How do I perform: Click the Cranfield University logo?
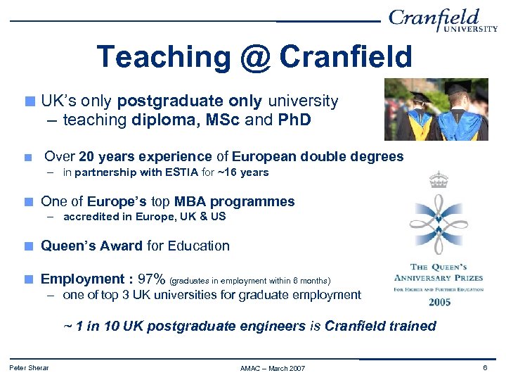point(443,20)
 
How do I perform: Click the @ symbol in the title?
point(254,57)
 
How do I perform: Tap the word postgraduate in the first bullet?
point(159,101)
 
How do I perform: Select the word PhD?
point(294,120)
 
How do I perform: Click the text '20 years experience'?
point(145,156)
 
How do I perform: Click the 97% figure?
point(152,279)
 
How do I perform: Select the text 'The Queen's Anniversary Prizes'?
point(439,272)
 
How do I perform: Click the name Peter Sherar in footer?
point(29,368)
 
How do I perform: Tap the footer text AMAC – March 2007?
point(273,369)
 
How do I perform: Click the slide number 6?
point(485,368)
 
